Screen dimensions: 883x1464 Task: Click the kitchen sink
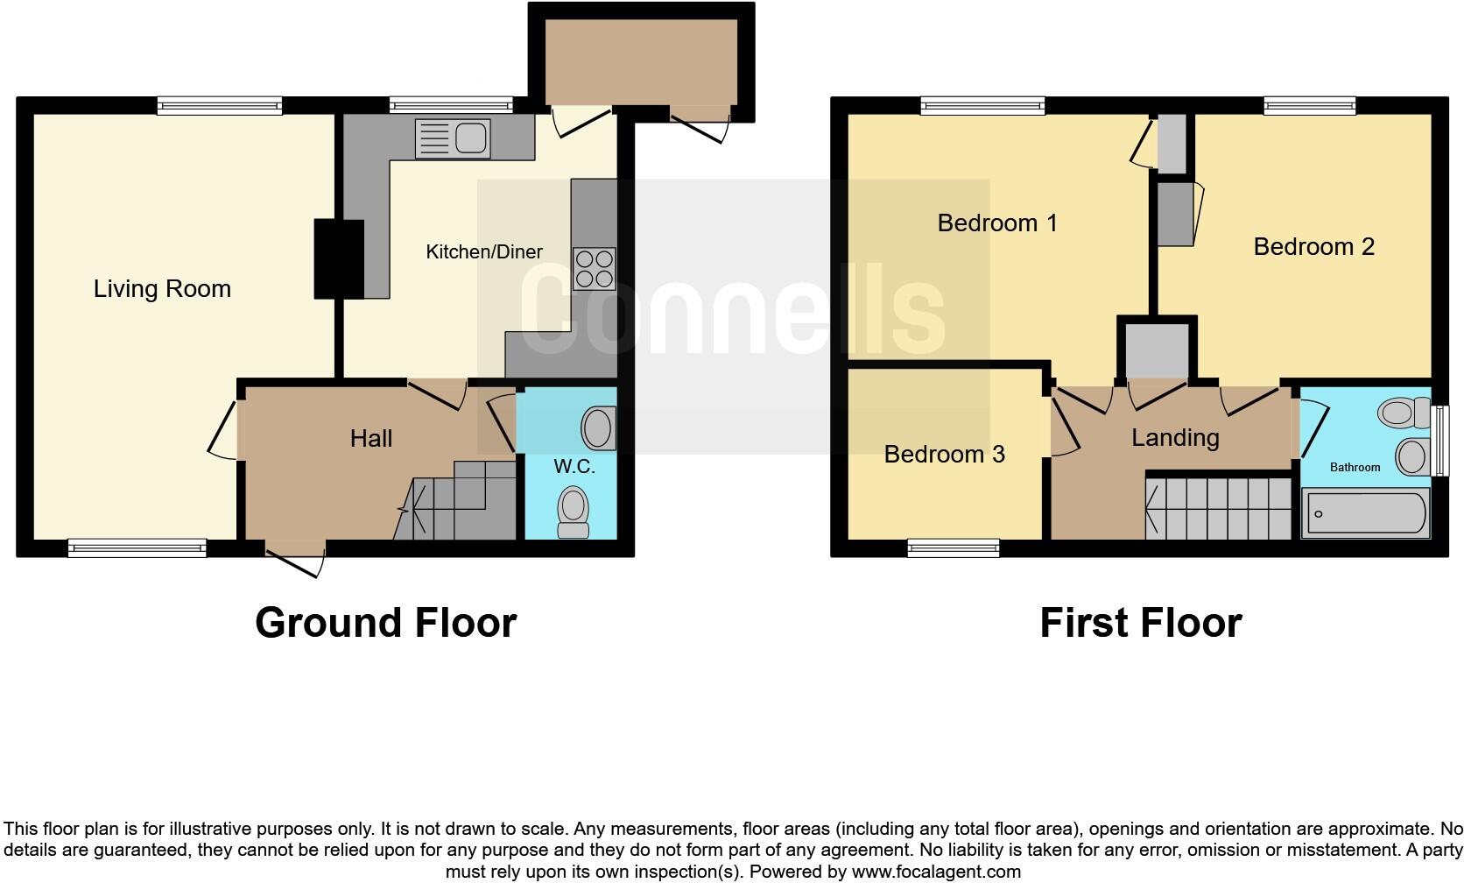click(454, 138)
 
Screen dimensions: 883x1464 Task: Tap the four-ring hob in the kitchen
click(595, 269)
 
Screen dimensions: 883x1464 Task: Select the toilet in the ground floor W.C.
click(574, 512)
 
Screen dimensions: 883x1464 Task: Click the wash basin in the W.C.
click(598, 427)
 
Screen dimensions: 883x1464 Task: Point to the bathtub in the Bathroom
click(1365, 513)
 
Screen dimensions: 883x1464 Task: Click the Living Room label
click(162, 289)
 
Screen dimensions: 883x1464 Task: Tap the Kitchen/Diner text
click(484, 252)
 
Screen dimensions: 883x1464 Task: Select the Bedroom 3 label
click(944, 454)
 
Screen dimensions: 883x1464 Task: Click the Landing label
click(1175, 437)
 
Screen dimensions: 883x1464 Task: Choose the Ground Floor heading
click(385, 623)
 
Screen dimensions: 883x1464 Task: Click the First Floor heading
click(1140, 623)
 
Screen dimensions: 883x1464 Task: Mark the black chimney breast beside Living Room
click(339, 259)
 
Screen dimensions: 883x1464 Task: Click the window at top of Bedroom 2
click(1309, 106)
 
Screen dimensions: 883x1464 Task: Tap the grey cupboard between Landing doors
click(1157, 350)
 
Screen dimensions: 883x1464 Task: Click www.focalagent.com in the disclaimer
click(936, 872)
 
